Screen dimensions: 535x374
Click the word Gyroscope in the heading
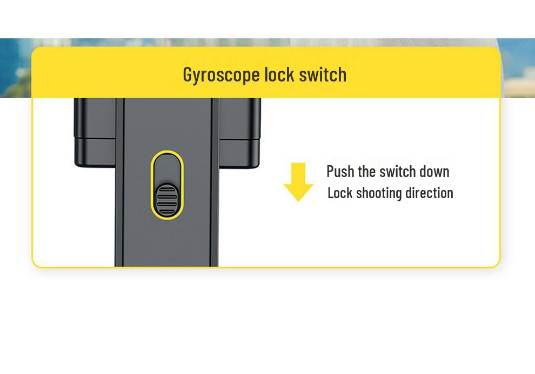pos(222,75)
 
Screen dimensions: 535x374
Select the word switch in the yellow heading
pos(323,74)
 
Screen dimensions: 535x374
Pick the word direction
pos(429,193)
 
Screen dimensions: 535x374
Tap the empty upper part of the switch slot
pos(167,168)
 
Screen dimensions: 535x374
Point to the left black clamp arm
pos(95,132)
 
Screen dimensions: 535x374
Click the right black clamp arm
pos(239,133)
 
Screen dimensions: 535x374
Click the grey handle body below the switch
pos(167,242)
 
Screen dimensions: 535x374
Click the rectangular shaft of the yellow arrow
pos(298,173)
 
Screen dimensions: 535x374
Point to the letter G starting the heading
pos(187,74)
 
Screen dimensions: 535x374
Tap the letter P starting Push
pos(330,171)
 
